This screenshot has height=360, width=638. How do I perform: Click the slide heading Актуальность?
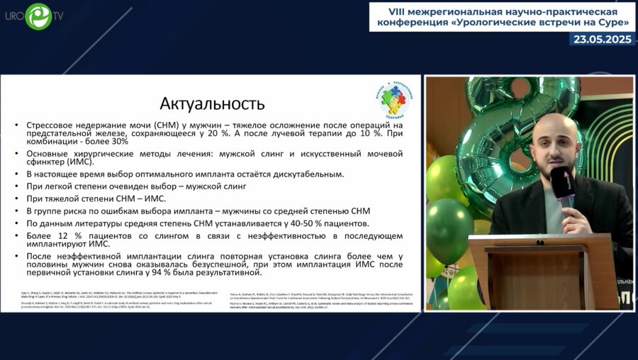(212, 103)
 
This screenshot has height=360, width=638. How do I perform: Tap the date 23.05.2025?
(603, 39)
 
